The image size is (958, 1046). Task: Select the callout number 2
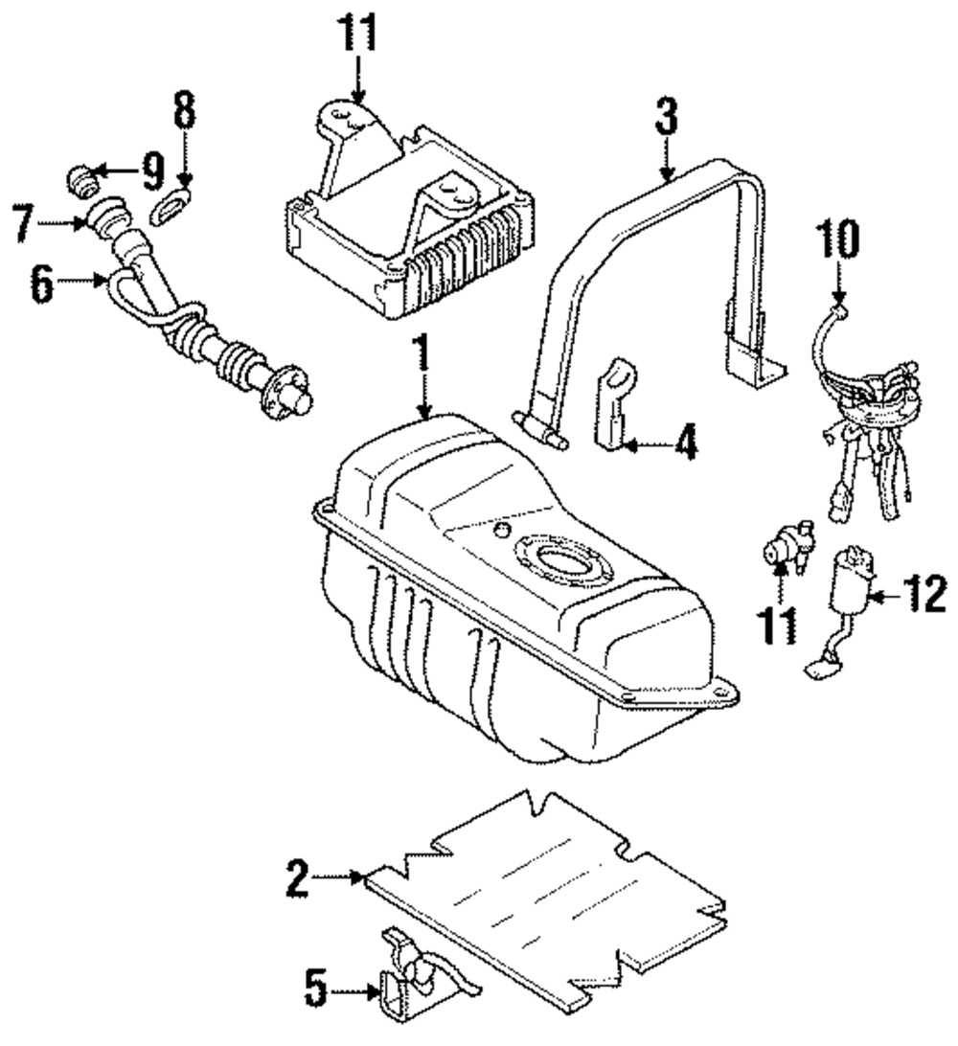tap(298, 878)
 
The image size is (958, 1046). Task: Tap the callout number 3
tap(667, 116)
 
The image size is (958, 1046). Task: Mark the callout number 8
tap(185, 109)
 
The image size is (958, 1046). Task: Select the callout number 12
tap(924, 594)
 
